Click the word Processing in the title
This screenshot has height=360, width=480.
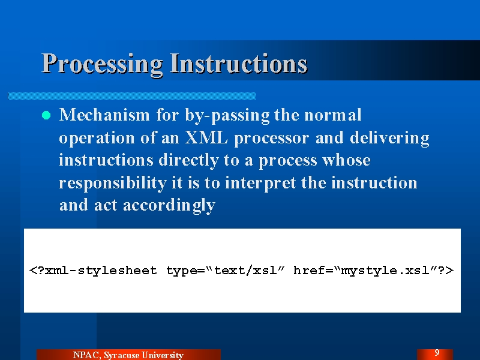[x=102, y=64]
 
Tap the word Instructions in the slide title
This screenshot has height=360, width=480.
[x=238, y=63]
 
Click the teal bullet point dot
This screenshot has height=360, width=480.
[x=46, y=115]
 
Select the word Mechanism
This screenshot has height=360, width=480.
[x=104, y=115]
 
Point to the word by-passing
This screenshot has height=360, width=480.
[x=227, y=116]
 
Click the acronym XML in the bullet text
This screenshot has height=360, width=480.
[x=206, y=138]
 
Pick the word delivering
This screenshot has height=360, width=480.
[x=389, y=139]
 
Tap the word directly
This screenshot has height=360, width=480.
[x=188, y=160]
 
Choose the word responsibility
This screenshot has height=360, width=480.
[x=112, y=183]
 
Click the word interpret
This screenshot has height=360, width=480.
[x=260, y=183]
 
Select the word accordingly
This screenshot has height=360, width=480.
[x=169, y=206]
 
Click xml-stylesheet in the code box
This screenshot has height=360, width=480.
[x=101, y=271]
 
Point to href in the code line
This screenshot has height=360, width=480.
[x=309, y=270]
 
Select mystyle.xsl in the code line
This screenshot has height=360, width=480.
[x=385, y=271]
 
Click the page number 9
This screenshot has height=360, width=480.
[x=437, y=353]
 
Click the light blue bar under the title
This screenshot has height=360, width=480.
[x=131, y=96]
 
